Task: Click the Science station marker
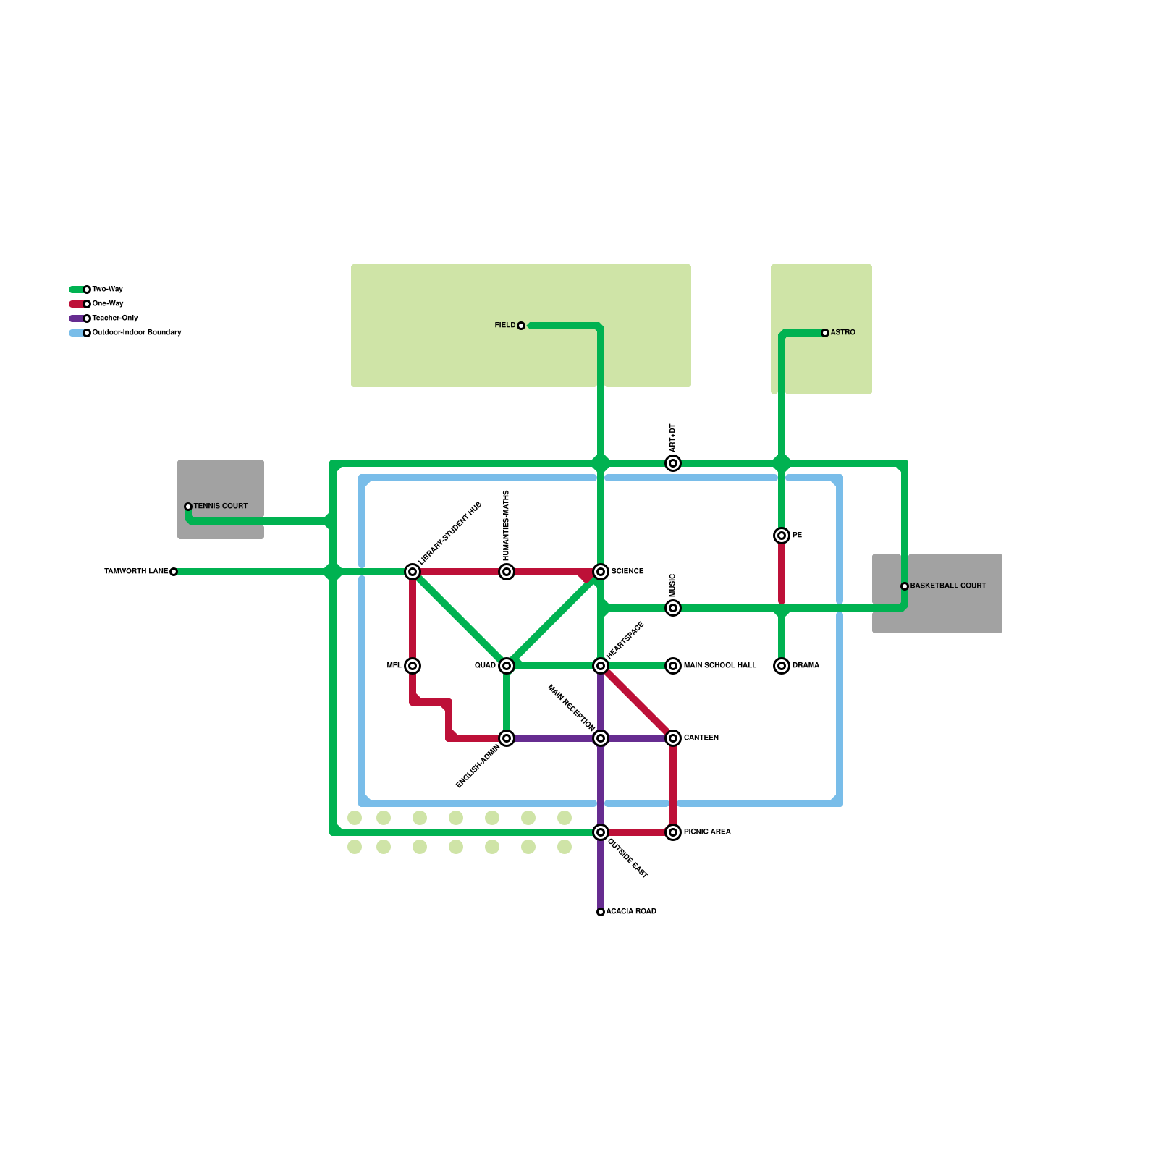[x=601, y=572]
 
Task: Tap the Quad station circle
[x=507, y=666]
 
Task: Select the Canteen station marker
[x=673, y=738]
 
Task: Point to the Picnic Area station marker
[x=673, y=832]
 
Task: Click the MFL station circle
[x=413, y=666]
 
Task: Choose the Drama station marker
[x=782, y=666]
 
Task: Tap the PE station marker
[x=782, y=536]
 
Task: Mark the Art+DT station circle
[x=673, y=463]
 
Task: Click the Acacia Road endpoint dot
[x=601, y=912]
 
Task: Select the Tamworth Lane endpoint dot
[x=174, y=572]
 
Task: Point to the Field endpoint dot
[x=521, y=326]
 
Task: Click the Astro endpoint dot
[x=825, y=333]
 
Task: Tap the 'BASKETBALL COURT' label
[x=948, y=586]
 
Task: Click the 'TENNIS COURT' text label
[x=221, y=506]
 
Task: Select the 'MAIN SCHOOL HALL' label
[x=720, y=665]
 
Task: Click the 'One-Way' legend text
[x=108, y=303]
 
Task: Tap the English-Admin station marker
[x=507, y=738]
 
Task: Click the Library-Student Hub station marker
[x=413, y=572]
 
